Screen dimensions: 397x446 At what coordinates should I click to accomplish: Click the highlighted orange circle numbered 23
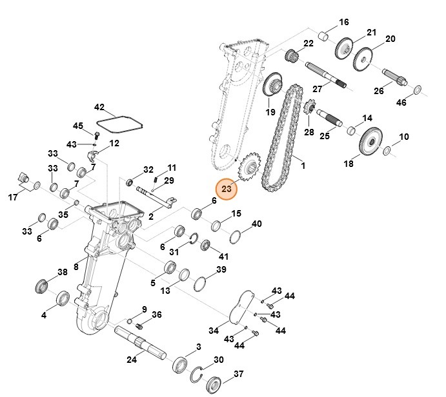pos(227,189)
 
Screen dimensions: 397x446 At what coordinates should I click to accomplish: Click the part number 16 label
pos(344,23)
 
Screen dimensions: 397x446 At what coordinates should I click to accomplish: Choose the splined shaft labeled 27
pos(325,72)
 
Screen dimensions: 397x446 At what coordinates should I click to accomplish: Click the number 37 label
pos(239,374)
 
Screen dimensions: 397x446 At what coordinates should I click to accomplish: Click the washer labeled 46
pos(417,89)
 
